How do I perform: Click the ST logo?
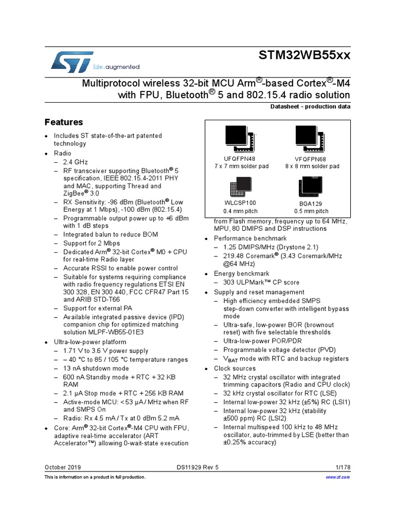click(73, 61)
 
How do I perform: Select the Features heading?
click(64, 122)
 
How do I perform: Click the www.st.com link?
click(338, 477)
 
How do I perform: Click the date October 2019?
click(63, 467)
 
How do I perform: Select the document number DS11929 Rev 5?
click(197, 467)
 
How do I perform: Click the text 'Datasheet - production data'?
click(310, 106)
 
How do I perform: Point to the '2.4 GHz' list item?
click(76, 162)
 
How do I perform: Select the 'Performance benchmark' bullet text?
click(250, 238)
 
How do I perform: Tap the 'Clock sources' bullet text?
click(235, 368)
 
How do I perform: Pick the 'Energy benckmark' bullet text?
click(242, 274)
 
